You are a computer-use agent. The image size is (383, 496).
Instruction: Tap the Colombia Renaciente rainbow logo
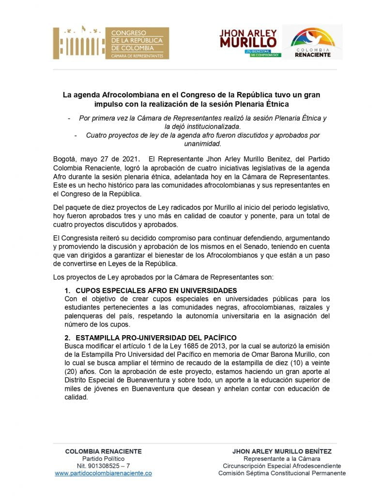pos(313,43)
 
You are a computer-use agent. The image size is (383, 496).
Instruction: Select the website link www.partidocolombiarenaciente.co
pos(103,473)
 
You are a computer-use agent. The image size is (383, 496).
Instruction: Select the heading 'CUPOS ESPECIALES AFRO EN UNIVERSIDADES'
pos(151,290)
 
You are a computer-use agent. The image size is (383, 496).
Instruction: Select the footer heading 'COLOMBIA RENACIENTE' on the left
pos(103,451)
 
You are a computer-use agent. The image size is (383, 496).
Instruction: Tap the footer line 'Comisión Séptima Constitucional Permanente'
pos(282,473)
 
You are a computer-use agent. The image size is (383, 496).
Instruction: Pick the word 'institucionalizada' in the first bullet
pos(213,126)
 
